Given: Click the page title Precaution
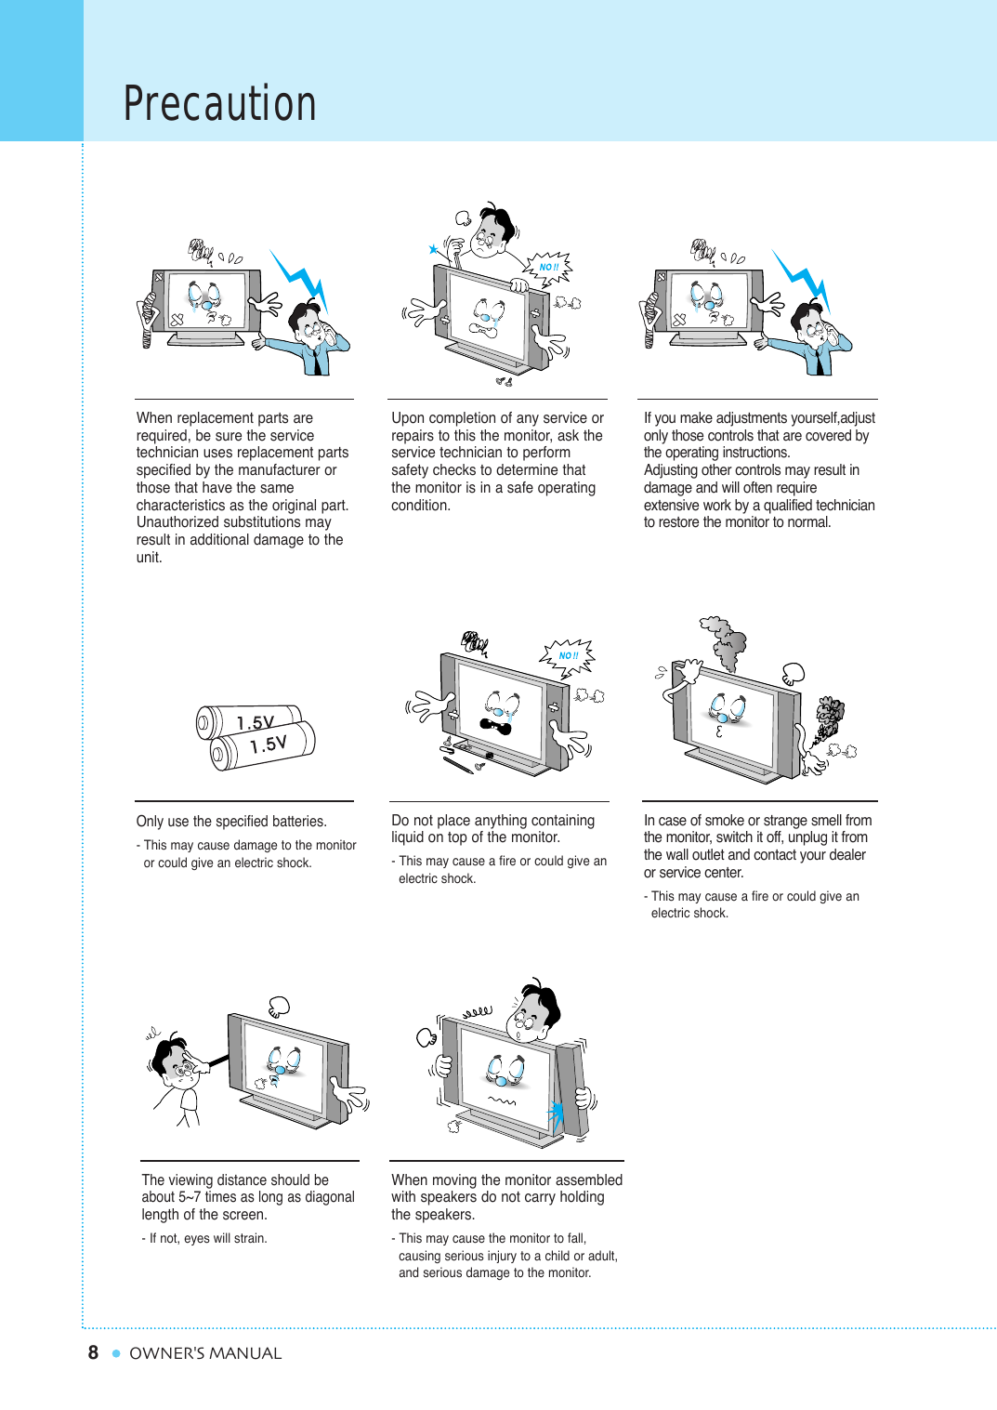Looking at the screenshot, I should pyautogui.click(x=220, y=103).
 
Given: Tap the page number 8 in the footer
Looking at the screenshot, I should pyautogui.click(x=93, y=1352).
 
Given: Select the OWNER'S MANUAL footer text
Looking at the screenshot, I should pyautogui.click(x=205, y=1353).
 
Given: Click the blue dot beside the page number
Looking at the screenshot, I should pyautogui.click(x=116, y=1353).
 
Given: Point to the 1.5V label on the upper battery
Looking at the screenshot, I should pyautogui.click(x=256, y=722).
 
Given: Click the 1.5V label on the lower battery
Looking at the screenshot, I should pyautogui.click(x=269, y=745).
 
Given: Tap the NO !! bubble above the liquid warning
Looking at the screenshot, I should pyautogui.click(x=568, y=655).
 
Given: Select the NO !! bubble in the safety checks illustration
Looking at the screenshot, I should pyautogui.click(x=549, y=268).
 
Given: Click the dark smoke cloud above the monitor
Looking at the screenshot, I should pyautogui.click(x=726, y=640).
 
